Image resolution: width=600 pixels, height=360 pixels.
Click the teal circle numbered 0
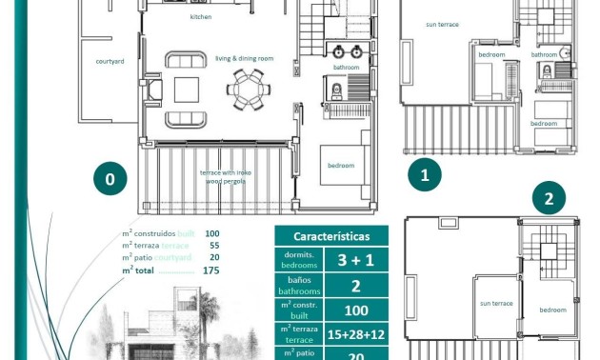110,179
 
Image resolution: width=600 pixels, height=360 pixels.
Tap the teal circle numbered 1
425,175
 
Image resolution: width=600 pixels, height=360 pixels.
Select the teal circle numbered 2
549,199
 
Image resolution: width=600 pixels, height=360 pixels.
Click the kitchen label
201,17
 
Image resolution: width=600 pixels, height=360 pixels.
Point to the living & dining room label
244,58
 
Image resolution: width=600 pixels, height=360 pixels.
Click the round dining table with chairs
247,90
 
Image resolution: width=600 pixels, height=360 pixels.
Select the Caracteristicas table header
326,236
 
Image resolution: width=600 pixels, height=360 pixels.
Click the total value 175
210,270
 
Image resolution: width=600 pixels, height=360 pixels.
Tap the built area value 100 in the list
211,233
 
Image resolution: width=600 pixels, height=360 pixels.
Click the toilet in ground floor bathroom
336,91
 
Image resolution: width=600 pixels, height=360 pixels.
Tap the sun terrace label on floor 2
495,303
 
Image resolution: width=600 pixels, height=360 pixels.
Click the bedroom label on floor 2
552,310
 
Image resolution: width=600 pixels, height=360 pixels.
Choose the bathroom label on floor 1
545,54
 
